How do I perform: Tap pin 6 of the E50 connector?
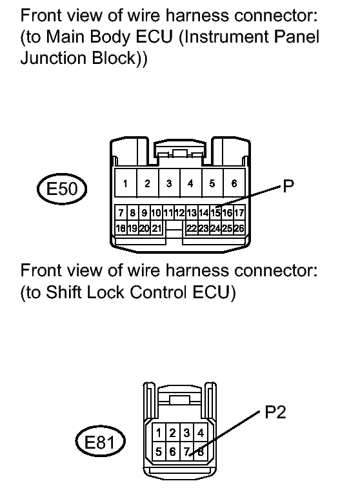pyautogui.click(x=234, y=184)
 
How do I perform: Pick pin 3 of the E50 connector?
pyautogui.click(x=169, y=184)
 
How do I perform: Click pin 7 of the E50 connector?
pyautogui.click(x=121, y=212)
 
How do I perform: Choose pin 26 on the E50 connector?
pyautogui.click(x=238, y=228)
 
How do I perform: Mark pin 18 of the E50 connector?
pyautogui.click(x=121, y=228)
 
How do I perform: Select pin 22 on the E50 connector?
pyautogui.click(x=192, y=228)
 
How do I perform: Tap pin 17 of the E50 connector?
pyautogui.click(x=239, y=212)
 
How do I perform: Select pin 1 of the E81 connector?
pyautogui.click(x=159, y=432)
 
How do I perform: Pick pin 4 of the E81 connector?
pyautogui.click(x=201, y=432)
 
